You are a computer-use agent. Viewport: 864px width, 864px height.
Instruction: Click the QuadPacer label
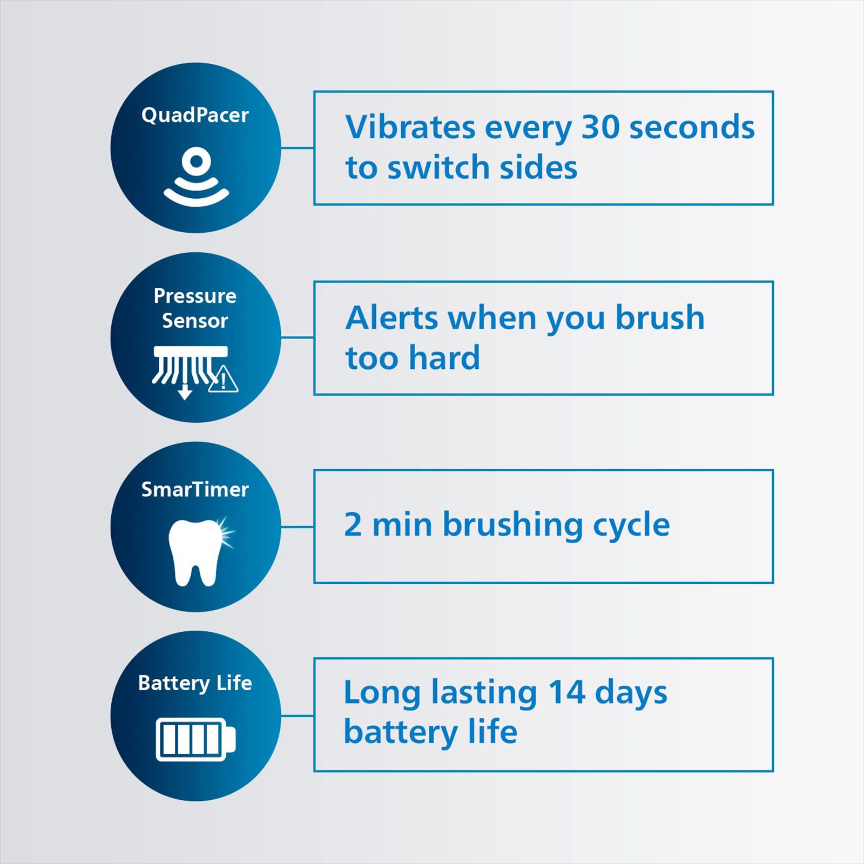pyautogui.click(x=195, y=115)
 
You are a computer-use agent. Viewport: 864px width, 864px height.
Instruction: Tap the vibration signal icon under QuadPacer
pyautogui.click(x=196, y=178)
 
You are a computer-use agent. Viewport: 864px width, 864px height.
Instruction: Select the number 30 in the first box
pyautogui.click(x=600, y=127)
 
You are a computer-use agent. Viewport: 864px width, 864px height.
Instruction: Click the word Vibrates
pyautogui.click(x=410, y=127)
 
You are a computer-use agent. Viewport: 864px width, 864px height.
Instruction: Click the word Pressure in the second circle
pyautogui.click(x=195, y=296)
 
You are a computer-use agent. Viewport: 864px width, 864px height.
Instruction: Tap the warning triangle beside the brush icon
pyautogui.click(x=223, y=379)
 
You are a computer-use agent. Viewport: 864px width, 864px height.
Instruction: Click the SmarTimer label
pyautogui.click(x=195, y=489)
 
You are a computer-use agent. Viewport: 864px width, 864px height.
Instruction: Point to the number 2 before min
pyautogui.click(x=353, y=524)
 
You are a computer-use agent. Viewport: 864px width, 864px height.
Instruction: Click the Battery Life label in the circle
pyautogui.click(x=195, y=683)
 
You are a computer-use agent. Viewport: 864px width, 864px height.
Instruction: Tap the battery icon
pyautogui.click(x=195, y=739)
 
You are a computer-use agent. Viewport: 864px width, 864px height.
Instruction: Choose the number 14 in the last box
pyautogui.click(x=566, y=692)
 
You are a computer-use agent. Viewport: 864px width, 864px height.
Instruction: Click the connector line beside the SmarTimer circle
pyautogui.click(x=298, y=526)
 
